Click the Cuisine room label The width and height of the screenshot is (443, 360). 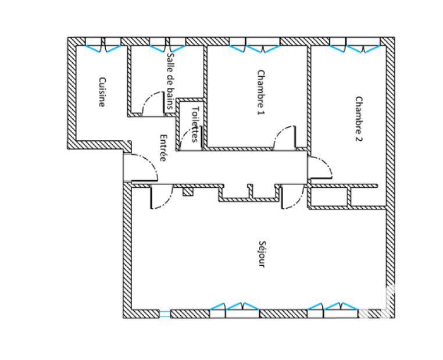[x=102, y=92]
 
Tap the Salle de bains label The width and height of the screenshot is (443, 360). [x=170, y=81]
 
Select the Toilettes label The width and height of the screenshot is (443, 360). [x=195, y=124]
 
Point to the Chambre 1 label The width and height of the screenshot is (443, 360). [x=262, y=93]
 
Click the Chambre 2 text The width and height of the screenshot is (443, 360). [x=359, y=119]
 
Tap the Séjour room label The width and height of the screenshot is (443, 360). [x=262, y=254]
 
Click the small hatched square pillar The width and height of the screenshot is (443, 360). [x=188, y=192]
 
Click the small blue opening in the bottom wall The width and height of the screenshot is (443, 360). [x=165, y=314]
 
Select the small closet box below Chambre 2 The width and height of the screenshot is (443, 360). [x=329, y=197]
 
